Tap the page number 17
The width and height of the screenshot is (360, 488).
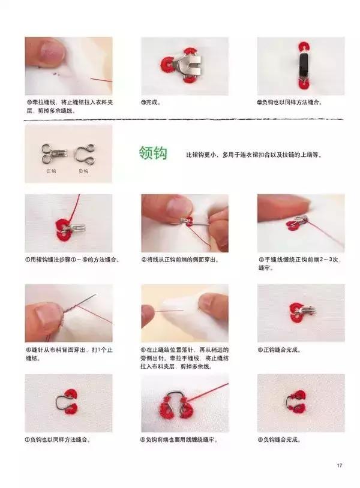340,465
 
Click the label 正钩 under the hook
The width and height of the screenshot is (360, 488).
51,171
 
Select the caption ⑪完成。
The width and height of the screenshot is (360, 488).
151,103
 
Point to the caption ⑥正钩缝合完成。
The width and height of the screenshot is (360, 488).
282,350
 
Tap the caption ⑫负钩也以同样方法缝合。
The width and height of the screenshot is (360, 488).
290,103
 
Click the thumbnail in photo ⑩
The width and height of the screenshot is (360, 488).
52,52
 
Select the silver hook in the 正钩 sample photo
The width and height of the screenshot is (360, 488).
50,153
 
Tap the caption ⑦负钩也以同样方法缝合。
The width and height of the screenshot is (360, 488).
58,439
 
